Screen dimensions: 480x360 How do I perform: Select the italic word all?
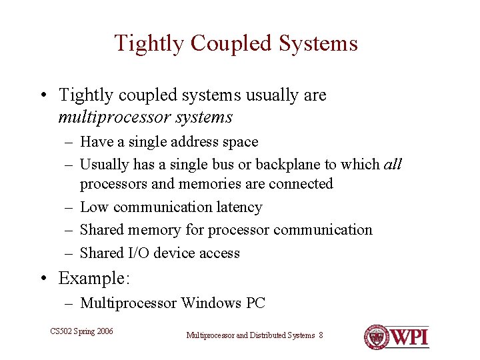click(x=393, y=164)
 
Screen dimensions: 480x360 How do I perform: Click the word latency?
click(x=239, y=207)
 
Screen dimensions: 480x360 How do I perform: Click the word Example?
click(x=91, y=277)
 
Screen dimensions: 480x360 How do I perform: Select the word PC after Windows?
click(x=255, y=303)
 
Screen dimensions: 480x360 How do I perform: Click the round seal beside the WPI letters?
click(x=377, y=337)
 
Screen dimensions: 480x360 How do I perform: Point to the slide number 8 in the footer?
click(x=321, y=335)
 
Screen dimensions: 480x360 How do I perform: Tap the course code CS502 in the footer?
click(x=61, y=331)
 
